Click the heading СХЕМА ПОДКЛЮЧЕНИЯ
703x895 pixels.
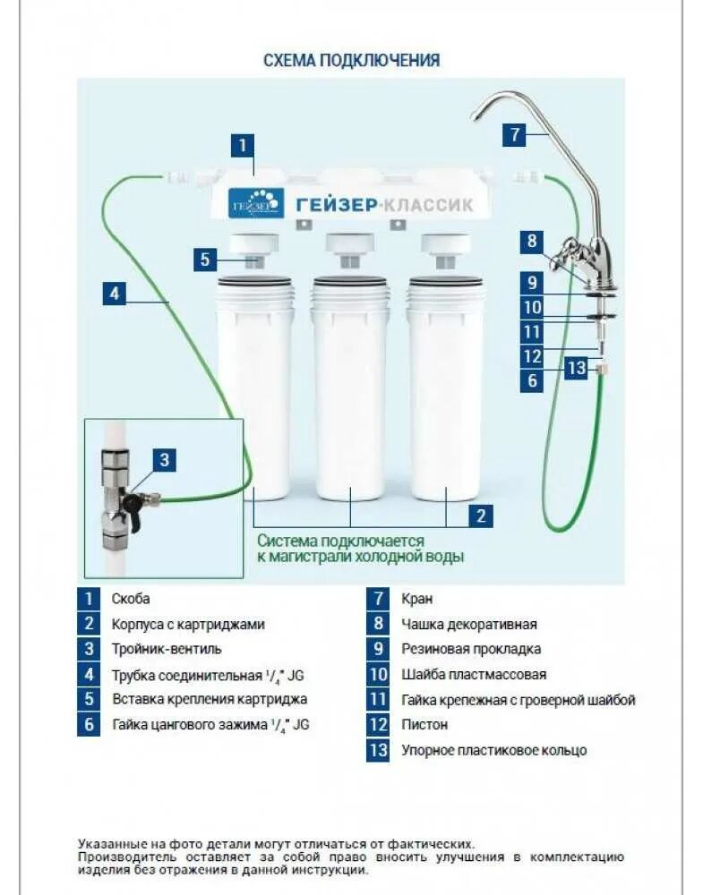351,61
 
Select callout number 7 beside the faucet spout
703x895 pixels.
513,135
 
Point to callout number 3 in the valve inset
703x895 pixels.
163,461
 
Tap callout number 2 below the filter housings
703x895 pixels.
481,515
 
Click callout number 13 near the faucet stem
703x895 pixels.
577,368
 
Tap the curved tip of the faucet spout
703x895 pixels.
476,113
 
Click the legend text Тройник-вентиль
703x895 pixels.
167,649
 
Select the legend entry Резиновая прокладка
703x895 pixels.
470,649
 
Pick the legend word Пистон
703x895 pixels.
424,724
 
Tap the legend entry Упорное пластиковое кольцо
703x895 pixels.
493,750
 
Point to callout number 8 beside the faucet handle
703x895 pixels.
532,241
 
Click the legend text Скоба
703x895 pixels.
131,599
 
